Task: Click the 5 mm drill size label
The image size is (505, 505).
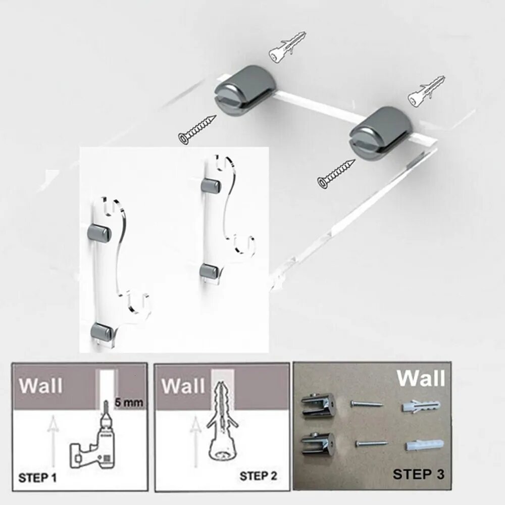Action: click(x=129, y=402)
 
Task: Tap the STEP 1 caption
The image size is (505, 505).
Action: click(x=37, y=478)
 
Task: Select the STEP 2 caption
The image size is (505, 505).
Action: click(x=258, y=476)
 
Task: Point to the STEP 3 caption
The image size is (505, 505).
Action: click(x=418, y=474)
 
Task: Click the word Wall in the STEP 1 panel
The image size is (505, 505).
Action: click(x=40, y=385)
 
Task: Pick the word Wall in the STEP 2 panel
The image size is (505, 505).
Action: click(x=183, y=386)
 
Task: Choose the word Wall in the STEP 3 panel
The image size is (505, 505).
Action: click(x=421, y=378)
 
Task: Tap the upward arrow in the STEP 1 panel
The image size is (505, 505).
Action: click(x=52, y=441)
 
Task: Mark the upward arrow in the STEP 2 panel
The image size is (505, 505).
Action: click(x=194, y=441)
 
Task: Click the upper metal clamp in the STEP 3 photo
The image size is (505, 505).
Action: click(x=317, y=407)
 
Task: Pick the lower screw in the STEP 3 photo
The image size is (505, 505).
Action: click(x=371, y=444)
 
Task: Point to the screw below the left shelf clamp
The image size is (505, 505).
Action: click(x=197, y=129)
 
